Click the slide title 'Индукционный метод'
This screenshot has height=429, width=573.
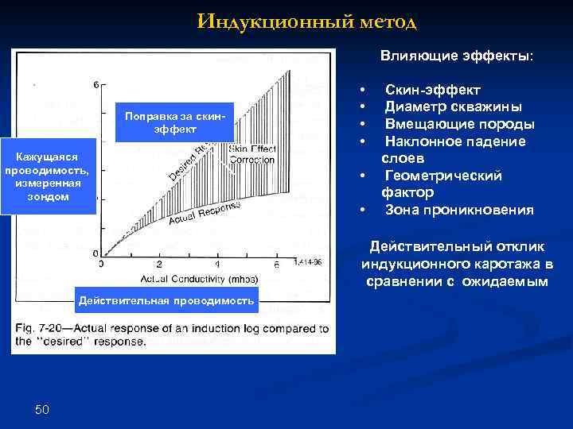click(306, 21)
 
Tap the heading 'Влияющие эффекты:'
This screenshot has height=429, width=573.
click(457, 56)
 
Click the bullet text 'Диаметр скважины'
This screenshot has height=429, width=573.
click(454, 107)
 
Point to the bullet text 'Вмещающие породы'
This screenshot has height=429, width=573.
click(459, 124)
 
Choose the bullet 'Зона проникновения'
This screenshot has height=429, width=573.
click(459, 211)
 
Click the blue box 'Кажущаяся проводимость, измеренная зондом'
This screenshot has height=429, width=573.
click(48, 178)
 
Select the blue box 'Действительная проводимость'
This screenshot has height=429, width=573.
click(166, 300)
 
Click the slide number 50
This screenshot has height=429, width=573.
click(42, 409)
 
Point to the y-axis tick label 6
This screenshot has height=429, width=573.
click(96, 84)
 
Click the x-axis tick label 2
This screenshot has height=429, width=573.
click(160, 265)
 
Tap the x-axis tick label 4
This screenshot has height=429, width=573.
click(218, 265)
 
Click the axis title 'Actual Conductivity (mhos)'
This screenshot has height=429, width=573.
click(194, 279)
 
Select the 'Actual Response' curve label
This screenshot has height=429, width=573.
click(205, 213)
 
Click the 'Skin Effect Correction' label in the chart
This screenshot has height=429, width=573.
click(251, 154)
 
